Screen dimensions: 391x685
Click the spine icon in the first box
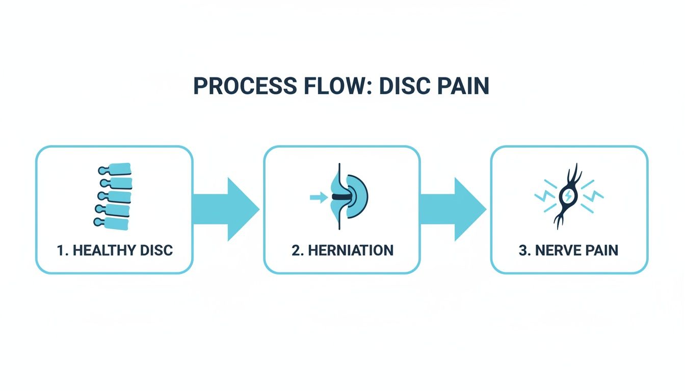[x=115, y=195]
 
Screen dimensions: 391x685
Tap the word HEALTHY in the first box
[x=104, y=250]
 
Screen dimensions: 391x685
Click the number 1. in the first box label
[x=62, y=250]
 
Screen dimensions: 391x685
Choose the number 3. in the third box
[x=525, y=250]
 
